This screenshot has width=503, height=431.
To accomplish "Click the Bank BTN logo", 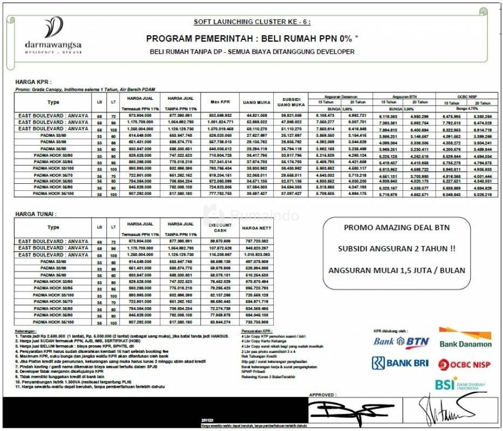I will coord(401,340).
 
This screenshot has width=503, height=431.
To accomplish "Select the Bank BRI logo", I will coord(401,363).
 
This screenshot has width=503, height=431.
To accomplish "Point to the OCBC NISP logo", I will coord(464,364).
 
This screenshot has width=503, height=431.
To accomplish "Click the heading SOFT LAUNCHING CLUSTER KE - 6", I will coord(252,22).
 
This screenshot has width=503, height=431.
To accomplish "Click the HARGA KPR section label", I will coord(33,82).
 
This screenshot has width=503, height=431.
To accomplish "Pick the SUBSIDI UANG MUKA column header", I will coord(291,102).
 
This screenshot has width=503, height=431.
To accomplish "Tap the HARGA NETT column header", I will coord(256,227).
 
